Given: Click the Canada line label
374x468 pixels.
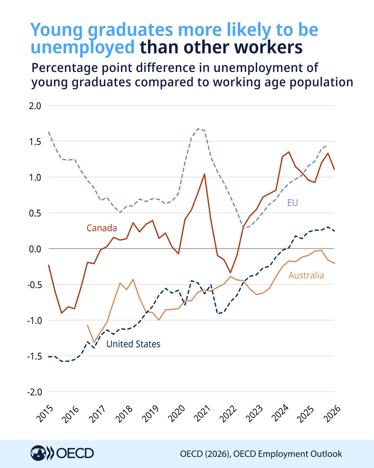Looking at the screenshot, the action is click(102, 228).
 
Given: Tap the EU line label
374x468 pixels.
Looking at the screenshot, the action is click(293, 203).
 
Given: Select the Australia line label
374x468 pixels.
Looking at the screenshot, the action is click(306, 275).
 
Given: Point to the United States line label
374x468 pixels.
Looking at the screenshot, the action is click(133, 344).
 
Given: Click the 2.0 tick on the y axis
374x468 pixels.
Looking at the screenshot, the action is click(35, 106).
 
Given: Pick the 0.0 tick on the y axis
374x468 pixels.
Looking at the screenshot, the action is click(35, 249).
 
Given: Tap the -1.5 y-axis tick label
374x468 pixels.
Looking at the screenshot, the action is click(34, 356).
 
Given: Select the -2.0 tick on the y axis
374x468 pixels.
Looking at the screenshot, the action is click(34, 392).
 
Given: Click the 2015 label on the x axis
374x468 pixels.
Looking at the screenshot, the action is click(45, 414).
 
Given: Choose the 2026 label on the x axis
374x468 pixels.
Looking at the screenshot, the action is click(332, 414).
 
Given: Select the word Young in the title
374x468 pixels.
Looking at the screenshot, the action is click(56, 30).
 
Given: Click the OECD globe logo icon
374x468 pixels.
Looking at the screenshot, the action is click(38, 453).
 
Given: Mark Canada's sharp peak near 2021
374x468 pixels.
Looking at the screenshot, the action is click(204, 174).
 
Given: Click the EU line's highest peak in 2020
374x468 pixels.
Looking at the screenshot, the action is click(198, 129).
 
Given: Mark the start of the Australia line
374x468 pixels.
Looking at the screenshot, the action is click(87, 325).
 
